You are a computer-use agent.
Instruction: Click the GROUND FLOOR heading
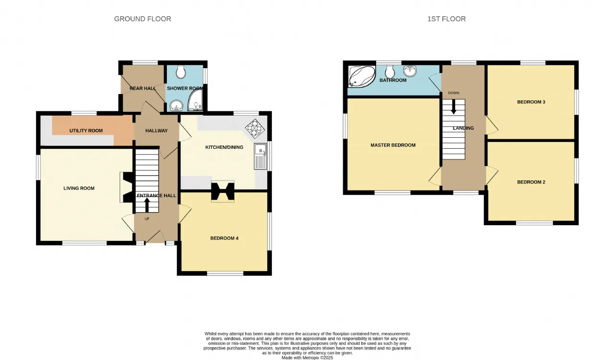[x=142, y=19]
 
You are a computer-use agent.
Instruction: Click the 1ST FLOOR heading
[x=447, y=19]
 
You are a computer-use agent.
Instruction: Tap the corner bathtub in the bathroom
[x=362, y=76]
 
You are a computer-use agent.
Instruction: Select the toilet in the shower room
[x=181, y=72]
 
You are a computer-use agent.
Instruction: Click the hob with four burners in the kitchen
[x=255, y=129]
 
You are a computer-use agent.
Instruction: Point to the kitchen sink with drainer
[x=260, y=156]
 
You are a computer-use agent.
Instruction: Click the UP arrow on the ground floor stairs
[x=147, y=204]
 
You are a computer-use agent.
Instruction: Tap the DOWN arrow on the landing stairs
[x=454, y=107]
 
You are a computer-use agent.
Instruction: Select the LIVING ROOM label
[x=79, y=188]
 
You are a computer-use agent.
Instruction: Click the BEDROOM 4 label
[x=224, y=238]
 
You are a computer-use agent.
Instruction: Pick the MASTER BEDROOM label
[x=393, y=145]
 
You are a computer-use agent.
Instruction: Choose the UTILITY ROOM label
[x=86, y=131]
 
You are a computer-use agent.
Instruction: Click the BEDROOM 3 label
[x=531, y=102]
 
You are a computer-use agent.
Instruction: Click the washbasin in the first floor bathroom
[x=410, y=71]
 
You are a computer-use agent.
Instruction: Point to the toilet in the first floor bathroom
[x=390, y=72]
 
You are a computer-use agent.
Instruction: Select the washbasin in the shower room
[x=177, y=106]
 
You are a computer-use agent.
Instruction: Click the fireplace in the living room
[x=127, y=187]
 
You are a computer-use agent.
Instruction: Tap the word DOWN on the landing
[x=454, y=93]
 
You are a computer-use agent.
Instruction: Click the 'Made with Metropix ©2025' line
[x=307, y=358]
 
